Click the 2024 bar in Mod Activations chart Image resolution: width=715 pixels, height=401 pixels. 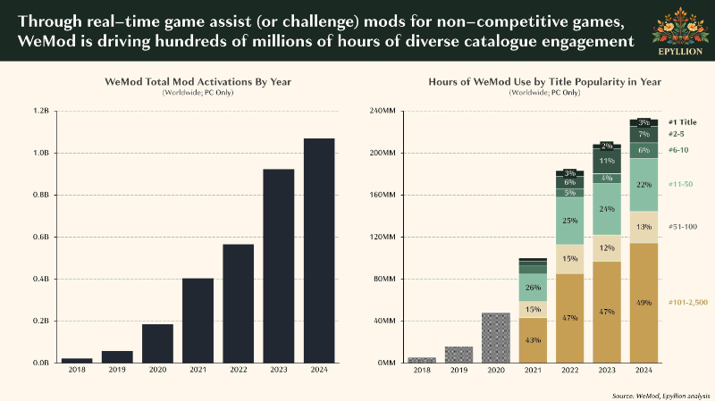[319, 251]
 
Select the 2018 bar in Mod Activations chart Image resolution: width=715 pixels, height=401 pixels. [77, 361]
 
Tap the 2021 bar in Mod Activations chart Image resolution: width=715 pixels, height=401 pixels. [198, 321]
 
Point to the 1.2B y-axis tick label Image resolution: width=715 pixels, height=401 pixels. [41, 111]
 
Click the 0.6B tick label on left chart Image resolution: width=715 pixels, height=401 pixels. [41, 237]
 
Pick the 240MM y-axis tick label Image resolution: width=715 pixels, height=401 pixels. [383, 111]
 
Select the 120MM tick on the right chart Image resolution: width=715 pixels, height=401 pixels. [383, 237]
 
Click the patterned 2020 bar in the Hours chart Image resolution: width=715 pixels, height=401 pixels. [496, 338]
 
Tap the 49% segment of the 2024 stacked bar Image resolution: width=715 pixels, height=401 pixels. [643, 303]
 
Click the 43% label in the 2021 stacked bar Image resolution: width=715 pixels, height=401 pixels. [533, 340]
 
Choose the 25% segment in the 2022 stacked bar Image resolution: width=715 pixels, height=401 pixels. [570, 221]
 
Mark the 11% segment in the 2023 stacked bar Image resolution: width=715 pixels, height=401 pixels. [607, 162]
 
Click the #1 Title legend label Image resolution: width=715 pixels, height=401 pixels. [682, 122]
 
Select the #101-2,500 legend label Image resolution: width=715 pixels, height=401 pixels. [687, 302]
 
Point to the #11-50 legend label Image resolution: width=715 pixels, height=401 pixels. [680, 184]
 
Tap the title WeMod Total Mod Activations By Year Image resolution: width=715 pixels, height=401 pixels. [198, 81]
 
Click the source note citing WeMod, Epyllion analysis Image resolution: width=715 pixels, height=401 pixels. [660, 396]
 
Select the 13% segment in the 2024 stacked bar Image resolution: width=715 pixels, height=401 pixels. [643, 227]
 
